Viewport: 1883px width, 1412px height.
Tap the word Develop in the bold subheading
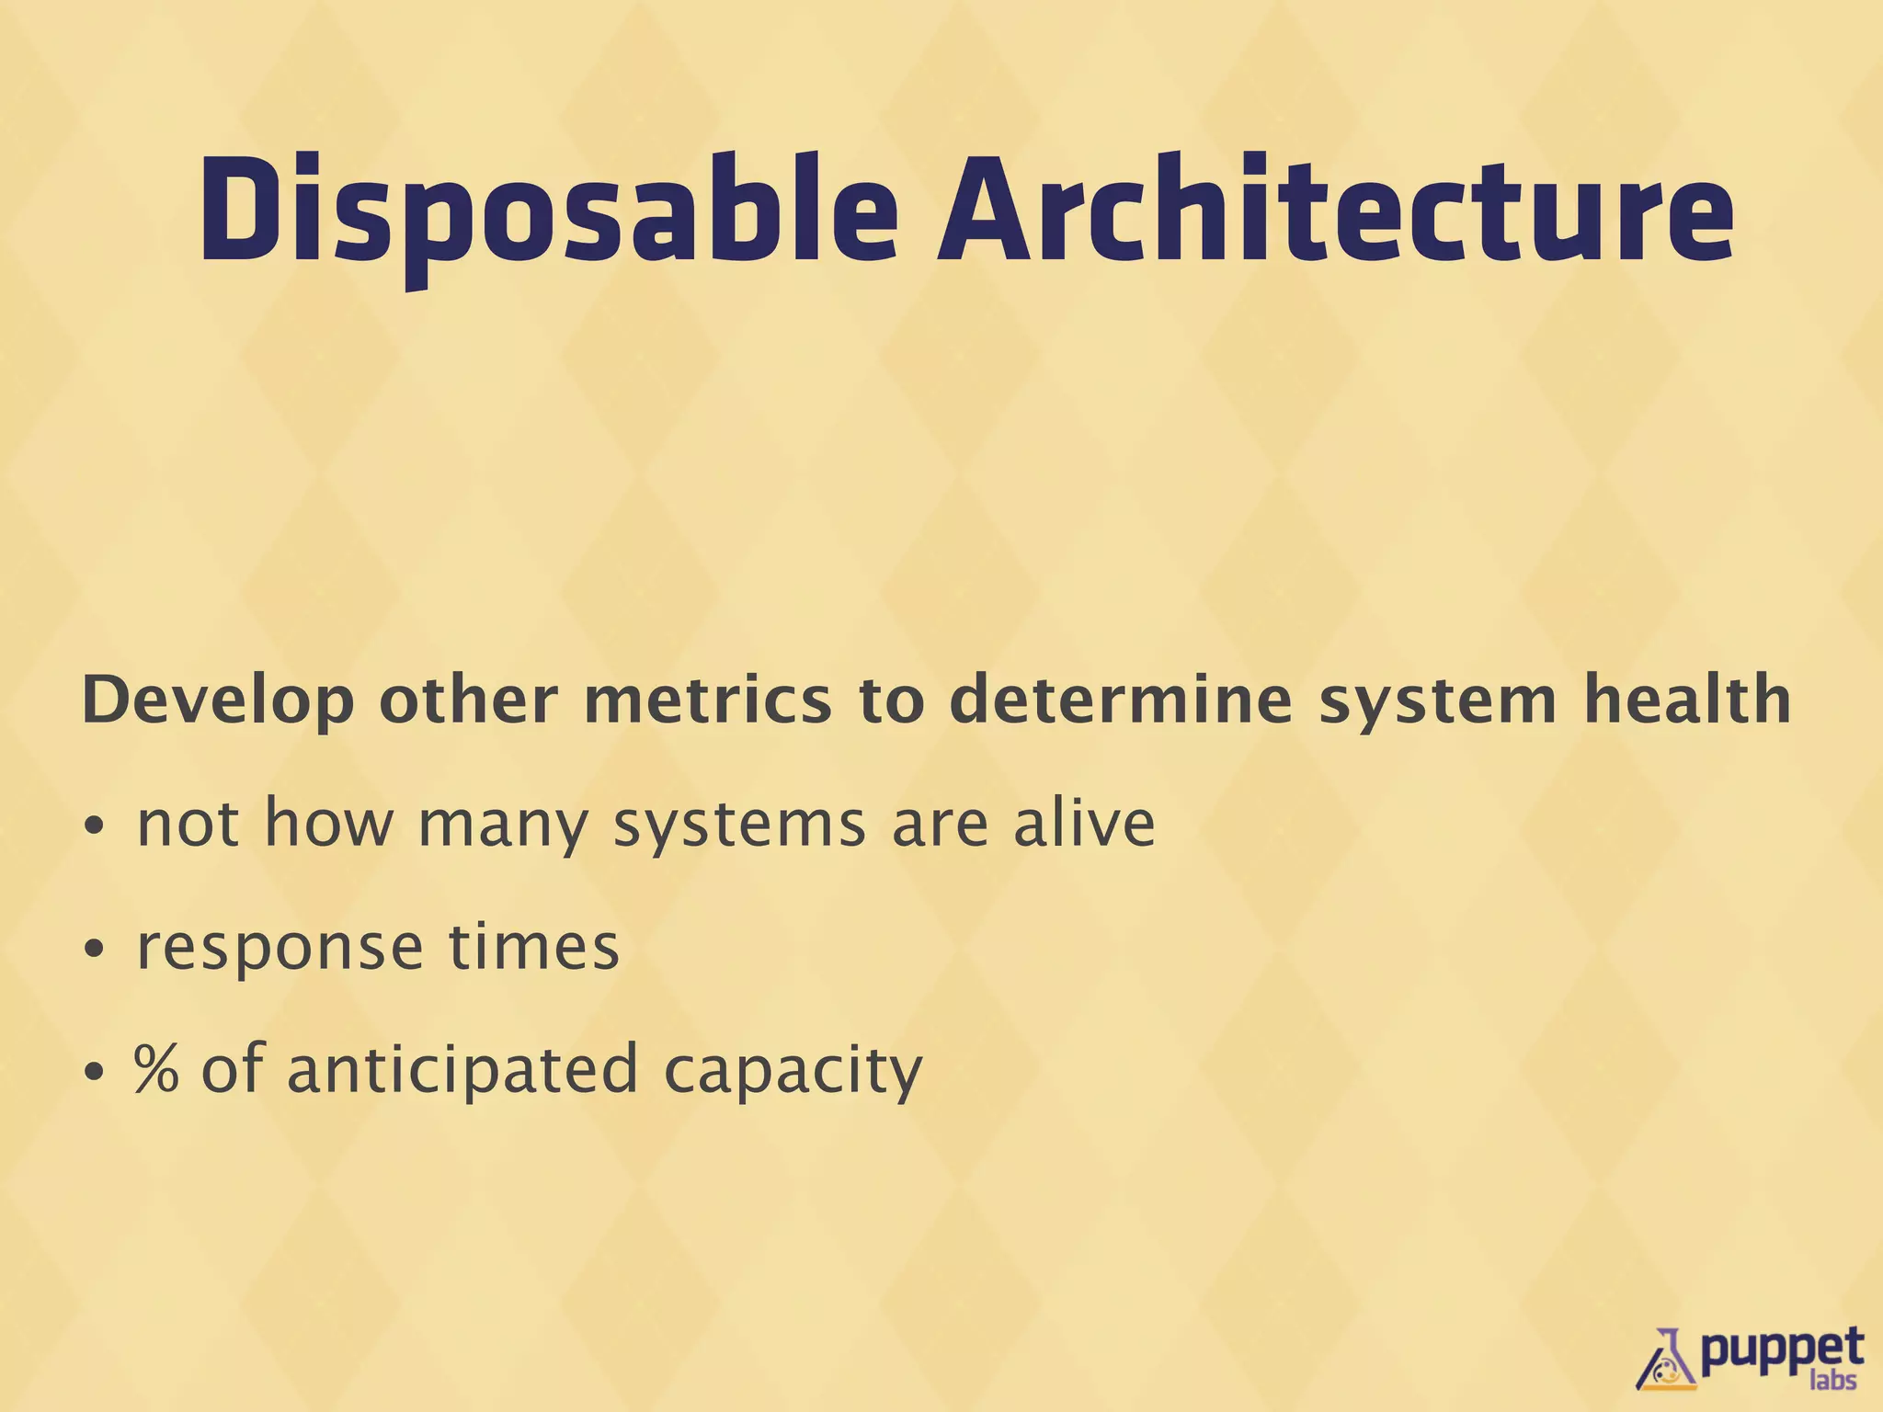point(218,701)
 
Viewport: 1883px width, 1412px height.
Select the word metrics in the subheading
point(707,700)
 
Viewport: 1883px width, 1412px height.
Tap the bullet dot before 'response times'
point(94,950)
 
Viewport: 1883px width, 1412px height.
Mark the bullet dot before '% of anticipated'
point(94,1072)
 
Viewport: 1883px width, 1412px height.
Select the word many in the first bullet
point(502,826)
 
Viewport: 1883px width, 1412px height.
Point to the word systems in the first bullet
point(739,826)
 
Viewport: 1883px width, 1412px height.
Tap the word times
point(534,946)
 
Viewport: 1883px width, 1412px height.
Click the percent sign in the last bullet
point(156,1068)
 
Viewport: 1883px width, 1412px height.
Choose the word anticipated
point(462,1070)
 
